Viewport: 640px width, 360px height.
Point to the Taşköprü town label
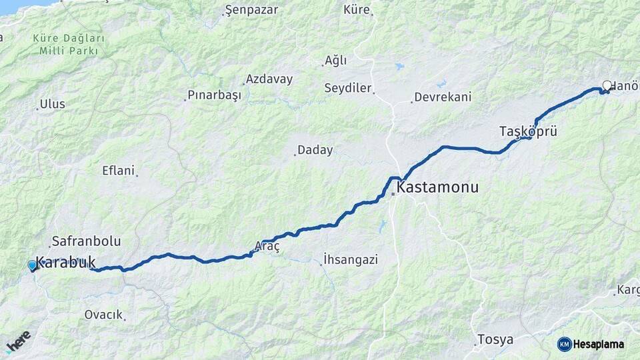tap(528, 131)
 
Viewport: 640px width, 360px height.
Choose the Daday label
tap(315, 150)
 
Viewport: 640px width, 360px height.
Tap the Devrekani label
tap(443, 97)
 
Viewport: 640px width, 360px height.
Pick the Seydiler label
tap(347, 88)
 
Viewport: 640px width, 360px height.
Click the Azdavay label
tap(269, 79)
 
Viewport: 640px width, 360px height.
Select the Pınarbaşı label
tap(213, 95)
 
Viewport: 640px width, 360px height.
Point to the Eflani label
tap(118, 170)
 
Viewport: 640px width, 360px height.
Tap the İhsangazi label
tap(350, 259)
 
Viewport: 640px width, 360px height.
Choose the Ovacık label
tap(103, 315)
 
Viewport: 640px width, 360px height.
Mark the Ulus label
tap(53, 104)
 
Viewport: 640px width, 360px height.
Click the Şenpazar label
tap(249, 10)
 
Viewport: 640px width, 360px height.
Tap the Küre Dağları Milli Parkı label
tap(69, 45)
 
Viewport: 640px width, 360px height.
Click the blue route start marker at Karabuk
tap(32, 265)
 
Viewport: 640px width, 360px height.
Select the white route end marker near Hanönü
tap(607, 85)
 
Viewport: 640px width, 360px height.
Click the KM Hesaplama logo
tap(591, 344)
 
